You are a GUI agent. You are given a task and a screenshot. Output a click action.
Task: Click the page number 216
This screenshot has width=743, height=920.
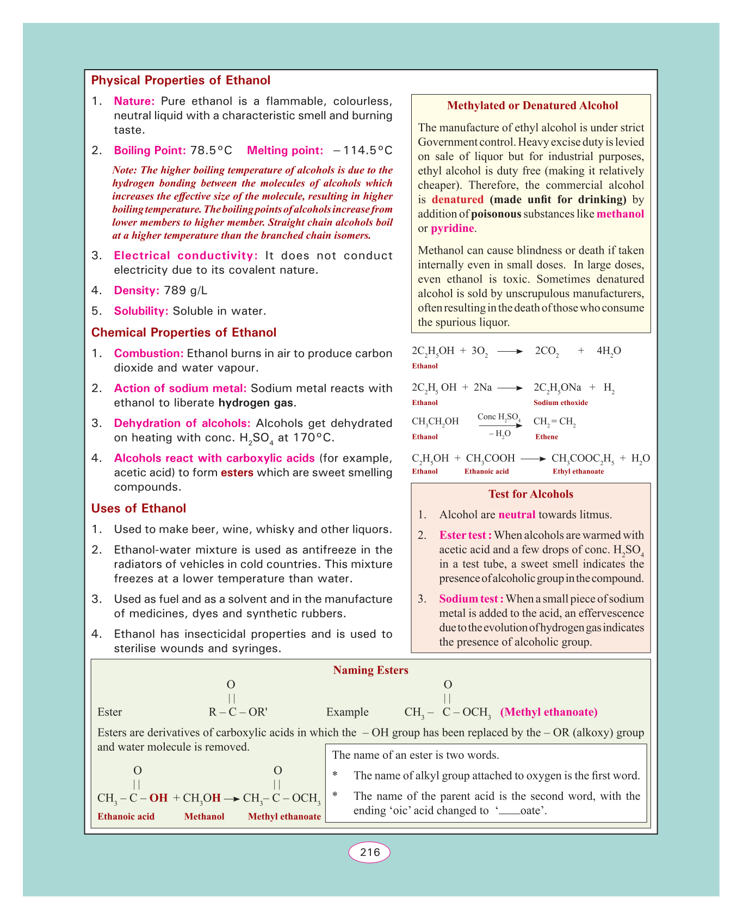[369, 852]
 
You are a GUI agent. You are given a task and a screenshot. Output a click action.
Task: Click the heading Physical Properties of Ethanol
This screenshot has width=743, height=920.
[181, 81]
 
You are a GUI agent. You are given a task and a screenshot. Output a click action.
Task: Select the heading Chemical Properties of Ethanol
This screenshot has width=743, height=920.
[184, 333]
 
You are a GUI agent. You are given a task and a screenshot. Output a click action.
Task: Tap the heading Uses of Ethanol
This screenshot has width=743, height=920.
[139, 508]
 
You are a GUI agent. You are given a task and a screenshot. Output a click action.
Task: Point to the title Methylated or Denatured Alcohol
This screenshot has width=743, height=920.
[532, 106]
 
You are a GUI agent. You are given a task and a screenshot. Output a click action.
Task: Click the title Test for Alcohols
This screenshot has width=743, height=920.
[531, 494]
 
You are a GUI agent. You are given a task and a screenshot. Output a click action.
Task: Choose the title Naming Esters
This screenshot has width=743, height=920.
[370, 670]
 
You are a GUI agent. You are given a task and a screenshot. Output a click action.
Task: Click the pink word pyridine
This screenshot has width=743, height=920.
[453, 229]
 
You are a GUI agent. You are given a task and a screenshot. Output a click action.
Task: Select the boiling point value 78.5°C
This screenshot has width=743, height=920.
[211, 150]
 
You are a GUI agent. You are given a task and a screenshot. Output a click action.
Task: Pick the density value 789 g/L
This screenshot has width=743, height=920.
[185, 291]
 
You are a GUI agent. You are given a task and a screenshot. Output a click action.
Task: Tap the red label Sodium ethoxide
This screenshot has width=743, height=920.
[560, 403]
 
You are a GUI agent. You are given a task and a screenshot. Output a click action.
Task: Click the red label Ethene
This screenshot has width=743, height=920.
[546, 437]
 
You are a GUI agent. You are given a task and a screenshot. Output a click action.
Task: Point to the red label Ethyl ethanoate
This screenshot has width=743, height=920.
[578, 471]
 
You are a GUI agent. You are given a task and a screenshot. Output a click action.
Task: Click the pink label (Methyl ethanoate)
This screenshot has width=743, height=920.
[549, 712]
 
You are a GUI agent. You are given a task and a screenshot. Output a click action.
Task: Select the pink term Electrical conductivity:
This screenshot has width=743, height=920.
[185, 256]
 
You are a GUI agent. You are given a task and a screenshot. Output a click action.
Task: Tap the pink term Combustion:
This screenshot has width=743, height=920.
[148, 354]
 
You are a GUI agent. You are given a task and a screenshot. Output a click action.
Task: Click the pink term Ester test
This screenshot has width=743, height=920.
[465, 535]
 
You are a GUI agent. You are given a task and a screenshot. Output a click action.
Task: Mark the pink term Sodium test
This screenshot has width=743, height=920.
[471, 599]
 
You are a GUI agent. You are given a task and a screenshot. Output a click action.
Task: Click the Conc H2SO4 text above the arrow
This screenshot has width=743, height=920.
[499, 418]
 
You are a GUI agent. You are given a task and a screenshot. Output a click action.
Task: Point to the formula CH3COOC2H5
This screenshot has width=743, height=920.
[583, 458]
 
